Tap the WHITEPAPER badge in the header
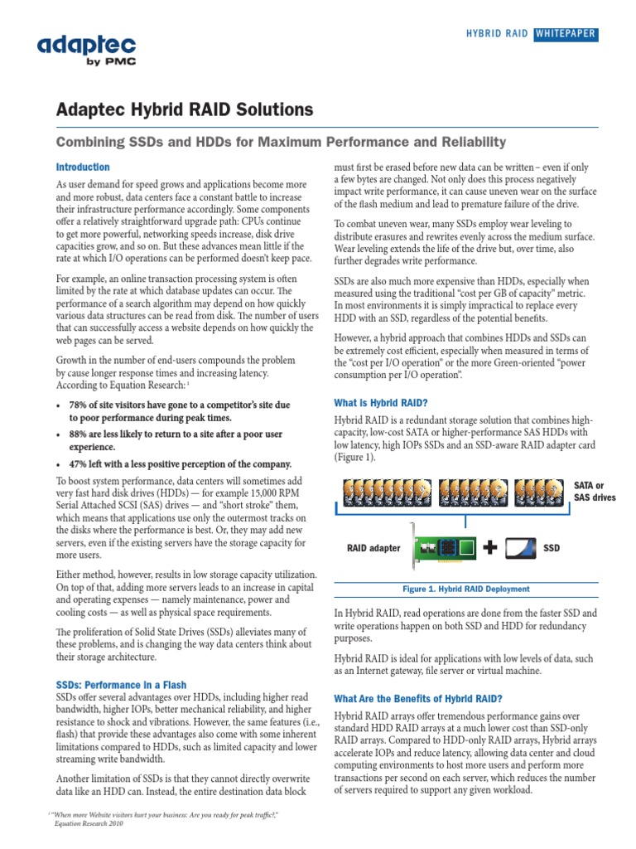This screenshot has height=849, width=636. (565, 34)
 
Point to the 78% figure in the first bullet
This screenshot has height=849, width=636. (81, 405)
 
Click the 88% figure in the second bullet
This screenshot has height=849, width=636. (81, 434)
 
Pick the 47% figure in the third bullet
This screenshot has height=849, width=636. (81, 463)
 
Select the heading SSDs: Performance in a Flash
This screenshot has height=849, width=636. (121, 685)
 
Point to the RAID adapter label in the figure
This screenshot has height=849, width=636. (374, 548)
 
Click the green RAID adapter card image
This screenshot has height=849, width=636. (446, 547)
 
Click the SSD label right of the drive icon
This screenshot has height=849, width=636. (551, 548)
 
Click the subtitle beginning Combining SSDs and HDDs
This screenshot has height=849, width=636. (280, 143)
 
